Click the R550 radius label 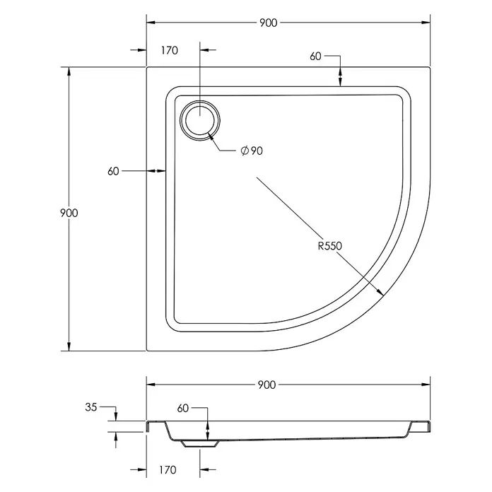(x=330, y=246)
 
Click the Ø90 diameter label (x=252, y=151)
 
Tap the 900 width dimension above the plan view (x=269, y=23)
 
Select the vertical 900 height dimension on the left (x=69, y=213)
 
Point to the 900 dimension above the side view (x=266, y=385)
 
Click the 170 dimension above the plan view (x=170, y=50)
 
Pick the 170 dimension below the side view (x=168, y=469)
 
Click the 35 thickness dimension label (x=91, y=407)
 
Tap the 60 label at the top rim (x=316, y=57)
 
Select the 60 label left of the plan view (x=113, y=171)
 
